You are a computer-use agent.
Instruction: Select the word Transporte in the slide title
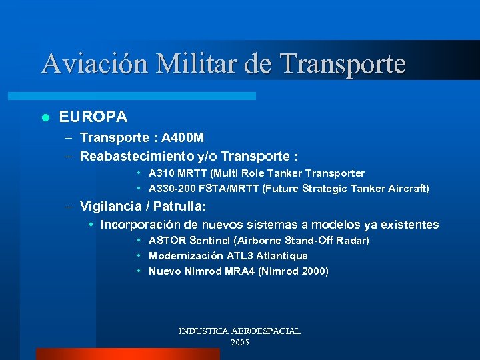pyautogui.click(x=343, y=64)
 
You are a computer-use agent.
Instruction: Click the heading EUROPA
pyautogui.click(x=93, y=117)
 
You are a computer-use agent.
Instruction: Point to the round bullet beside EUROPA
pyautogui.click(x=45, y=118)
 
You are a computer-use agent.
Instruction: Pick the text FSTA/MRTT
pyautogui.click(x=231, y=189)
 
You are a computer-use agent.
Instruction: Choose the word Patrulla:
pyautogui.click(x=179, y=206)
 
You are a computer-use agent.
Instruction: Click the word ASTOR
pyautogui.click(x=167, y=241)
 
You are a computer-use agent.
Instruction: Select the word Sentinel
pyautogui.click(x=211, y=241)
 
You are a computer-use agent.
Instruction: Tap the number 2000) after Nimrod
pyautogui.click(x=312, y=271)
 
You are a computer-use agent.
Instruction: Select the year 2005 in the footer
pyautogui.click(x=239, y=343)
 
